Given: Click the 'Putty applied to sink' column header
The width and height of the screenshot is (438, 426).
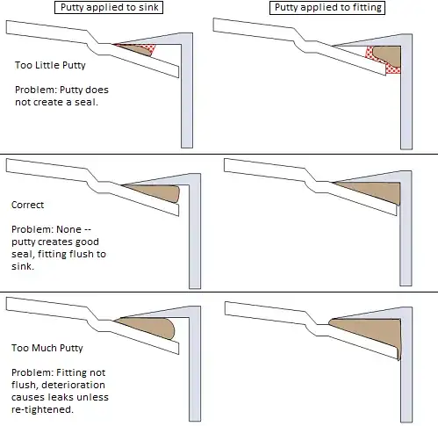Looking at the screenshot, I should (110, 7).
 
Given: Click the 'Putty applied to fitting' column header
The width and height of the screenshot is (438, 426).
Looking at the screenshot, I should (323, 7).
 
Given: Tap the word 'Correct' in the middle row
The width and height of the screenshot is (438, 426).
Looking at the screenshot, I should (27, 205).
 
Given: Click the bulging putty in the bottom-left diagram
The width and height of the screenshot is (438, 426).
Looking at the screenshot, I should (154, 329).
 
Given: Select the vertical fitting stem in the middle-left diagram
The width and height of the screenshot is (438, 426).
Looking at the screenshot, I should (187, 237).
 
